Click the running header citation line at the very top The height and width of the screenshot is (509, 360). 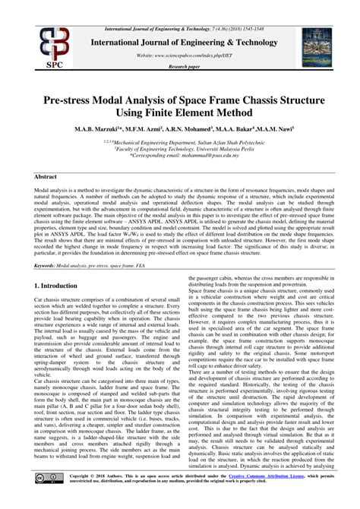point(180,6)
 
